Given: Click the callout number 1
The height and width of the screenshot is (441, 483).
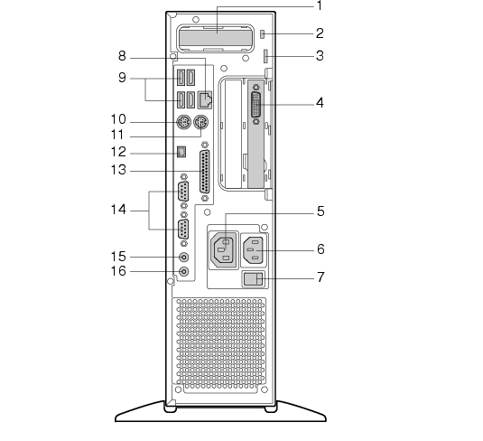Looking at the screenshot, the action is (x=320, y=5).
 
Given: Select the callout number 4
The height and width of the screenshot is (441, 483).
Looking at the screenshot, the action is (x=320, y=103).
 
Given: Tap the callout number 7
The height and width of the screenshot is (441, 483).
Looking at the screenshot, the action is (x=320, y=277).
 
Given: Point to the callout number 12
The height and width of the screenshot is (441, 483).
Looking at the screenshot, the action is (x=118, y=152).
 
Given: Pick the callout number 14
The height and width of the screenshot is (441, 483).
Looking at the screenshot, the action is (x=118, y=210).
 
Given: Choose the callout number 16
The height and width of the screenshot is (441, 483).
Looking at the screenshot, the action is (x=118, y=271).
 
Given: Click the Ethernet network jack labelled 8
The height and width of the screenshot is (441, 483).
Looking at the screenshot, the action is (x=205, y=99).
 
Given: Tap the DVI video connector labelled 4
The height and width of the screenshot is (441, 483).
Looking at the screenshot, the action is (x=256, y=104).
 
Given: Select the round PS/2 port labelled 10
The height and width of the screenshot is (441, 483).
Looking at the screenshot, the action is (x=184, y=122).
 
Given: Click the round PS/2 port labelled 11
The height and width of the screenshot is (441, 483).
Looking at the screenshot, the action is (x=200, y=122).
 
